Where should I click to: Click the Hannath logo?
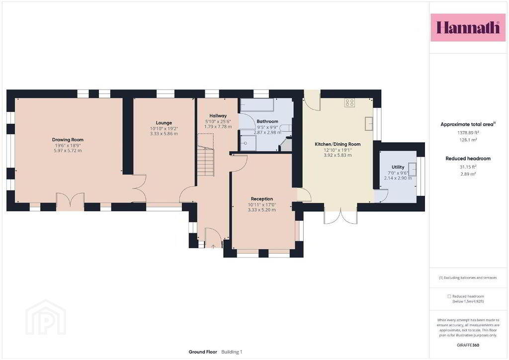tap(468, 27)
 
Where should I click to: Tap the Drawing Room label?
tap(68, 140)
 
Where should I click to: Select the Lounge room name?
tap(164, 123)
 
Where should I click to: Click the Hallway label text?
tap(218, 115)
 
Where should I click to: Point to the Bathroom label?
tap(267, 121)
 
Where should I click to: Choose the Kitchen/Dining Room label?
tap(338, 144)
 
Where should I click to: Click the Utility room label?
tap(398, 167)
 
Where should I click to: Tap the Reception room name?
tap(262, 199)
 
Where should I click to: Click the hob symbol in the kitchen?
tap(349, 103)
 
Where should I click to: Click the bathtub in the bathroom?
tap(257, 105)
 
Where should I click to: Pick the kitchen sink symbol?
tap(369, 123)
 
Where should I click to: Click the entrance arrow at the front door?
tap(213, 247)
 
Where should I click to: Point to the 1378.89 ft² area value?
tap(468, 132)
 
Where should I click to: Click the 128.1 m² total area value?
tap(468, 140)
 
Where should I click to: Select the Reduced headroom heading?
tap(468, 159)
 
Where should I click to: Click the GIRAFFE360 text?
tap(468, 345)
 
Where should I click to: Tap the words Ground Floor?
tap(203, 352)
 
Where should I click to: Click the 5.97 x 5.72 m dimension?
tap(68, 151)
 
